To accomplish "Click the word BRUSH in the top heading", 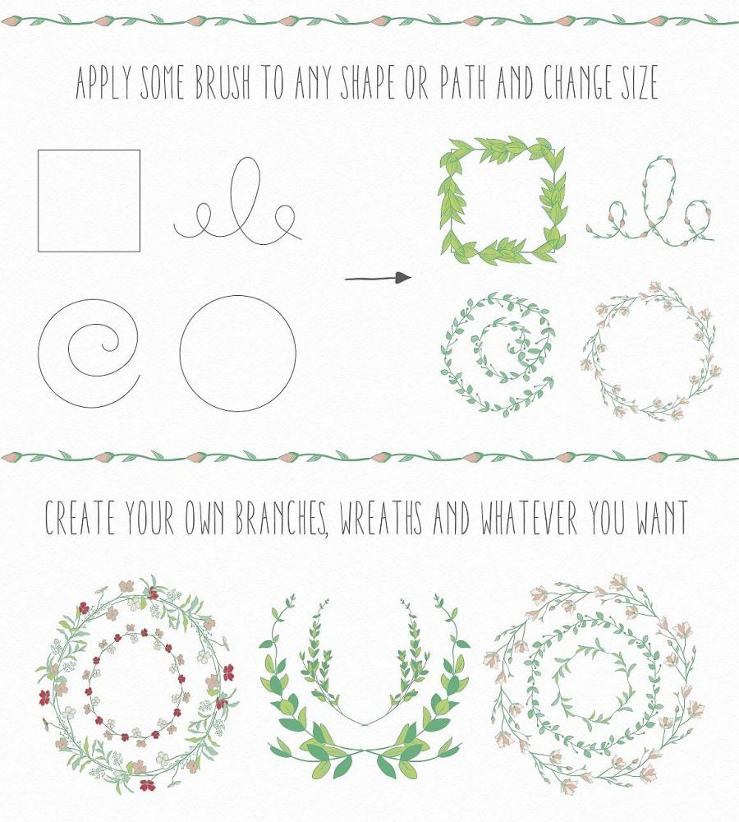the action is pos(223,82).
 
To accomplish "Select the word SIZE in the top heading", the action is pos(639,82).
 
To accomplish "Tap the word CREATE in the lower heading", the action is pos(79,518).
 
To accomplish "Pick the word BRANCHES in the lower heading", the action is pos(282,518).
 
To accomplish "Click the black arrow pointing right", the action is pos(379,278).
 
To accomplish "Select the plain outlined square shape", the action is pos(39,201).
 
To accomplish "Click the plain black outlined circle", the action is pos(180,353).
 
